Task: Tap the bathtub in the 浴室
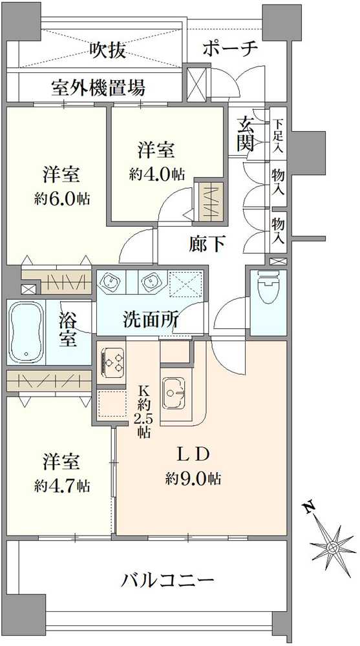tap(26, 331)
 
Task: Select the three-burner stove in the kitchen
tap(112, 360)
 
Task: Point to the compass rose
tap(332, 547)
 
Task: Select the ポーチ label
tap(230, 48)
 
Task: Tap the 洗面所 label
tap(151, 319)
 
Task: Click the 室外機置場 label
tap(98, 87)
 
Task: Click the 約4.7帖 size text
tap(63, 486)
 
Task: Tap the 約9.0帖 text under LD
tap(193, 479)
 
